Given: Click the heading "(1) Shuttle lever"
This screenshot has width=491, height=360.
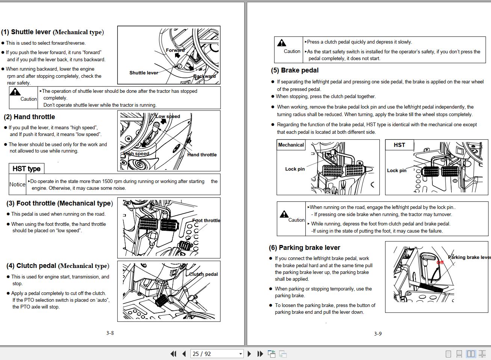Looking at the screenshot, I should coord(52,32).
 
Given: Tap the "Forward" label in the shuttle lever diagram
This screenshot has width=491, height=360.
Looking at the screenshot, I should coord(175,50).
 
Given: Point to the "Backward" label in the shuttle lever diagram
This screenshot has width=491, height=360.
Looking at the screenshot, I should coord(204,76).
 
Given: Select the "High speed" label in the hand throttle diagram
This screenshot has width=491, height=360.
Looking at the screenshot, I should coord(136,153).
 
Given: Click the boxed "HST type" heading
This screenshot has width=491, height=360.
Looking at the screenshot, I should coord(26,169).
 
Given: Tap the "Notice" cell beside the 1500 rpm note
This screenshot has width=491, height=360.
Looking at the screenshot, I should coord(17,184).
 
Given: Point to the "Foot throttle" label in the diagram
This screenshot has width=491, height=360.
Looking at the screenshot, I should coord(206,221).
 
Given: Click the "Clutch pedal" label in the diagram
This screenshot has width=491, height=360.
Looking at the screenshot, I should coord(203,274).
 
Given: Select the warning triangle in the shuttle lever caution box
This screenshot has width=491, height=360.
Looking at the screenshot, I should coord(15,92).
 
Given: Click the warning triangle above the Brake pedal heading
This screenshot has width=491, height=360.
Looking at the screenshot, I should coord(281,43).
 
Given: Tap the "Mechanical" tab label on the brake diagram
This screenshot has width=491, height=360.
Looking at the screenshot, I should coord(291,145).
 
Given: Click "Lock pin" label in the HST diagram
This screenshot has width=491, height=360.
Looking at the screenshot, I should coord(396,170).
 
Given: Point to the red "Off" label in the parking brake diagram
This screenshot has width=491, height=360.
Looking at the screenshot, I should coord(440,262).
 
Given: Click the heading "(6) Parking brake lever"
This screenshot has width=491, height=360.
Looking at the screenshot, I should coord(304,248).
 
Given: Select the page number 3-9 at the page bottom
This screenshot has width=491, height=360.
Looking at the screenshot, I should coord(378,334).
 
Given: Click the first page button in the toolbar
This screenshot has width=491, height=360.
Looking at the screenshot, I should coord(173,354).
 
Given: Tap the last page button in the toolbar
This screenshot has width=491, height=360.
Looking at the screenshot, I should coord(260,354).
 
